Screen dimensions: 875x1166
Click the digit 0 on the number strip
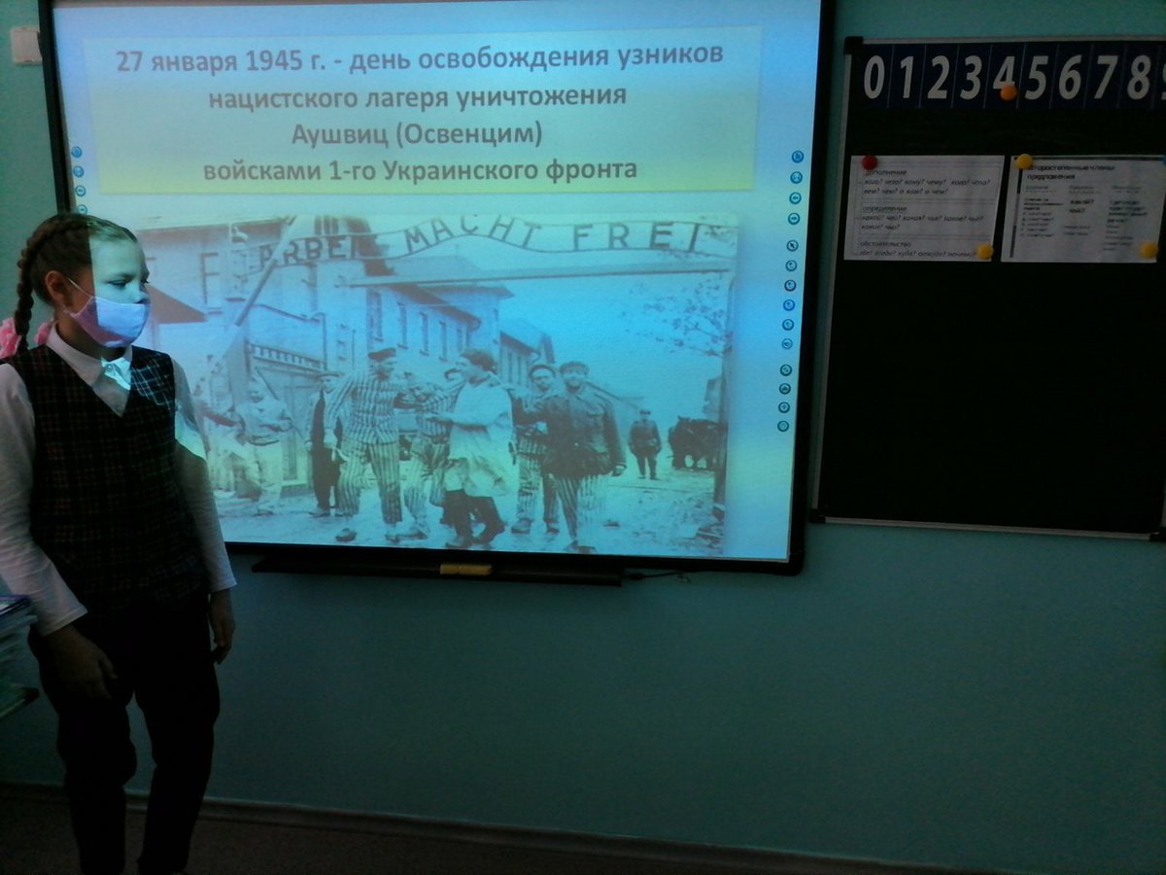pos(874,78)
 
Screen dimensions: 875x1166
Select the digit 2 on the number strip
pos(938,79)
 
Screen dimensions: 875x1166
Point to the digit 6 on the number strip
pos(1069,78)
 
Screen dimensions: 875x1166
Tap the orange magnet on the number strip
pos(1008,92)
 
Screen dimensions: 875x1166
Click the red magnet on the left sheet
pos(869,162)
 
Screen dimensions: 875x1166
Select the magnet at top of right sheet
pos(1023,161)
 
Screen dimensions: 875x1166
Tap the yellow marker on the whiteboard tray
pos(465,569)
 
